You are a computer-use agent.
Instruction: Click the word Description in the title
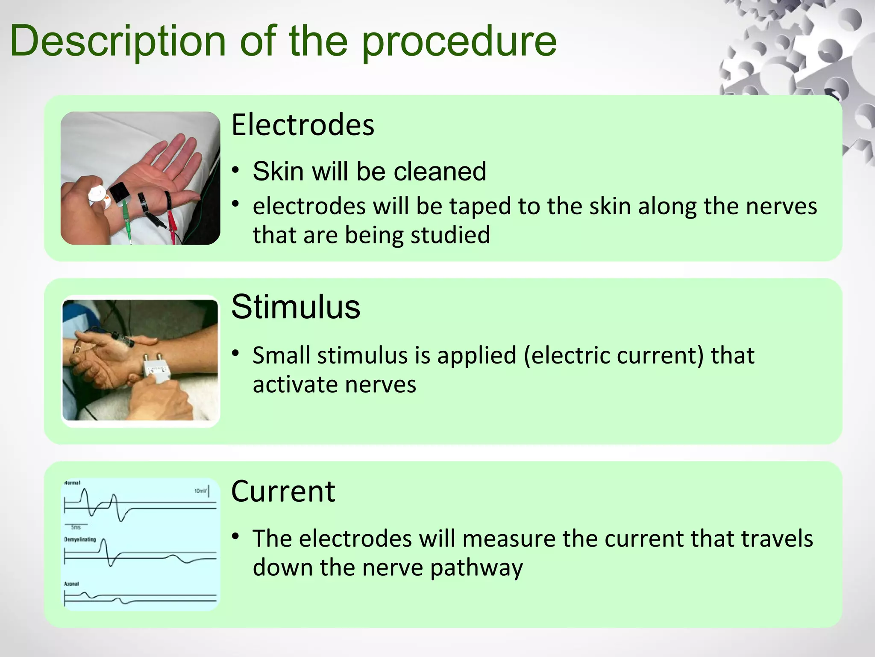click(117, 41)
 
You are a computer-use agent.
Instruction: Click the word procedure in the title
click(459, 41)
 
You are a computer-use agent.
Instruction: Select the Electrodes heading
click(302, 125)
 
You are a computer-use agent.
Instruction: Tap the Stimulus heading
click(296, 307)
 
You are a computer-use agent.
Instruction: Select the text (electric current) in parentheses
click(613, 355)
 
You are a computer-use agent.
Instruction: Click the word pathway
click(476, 568)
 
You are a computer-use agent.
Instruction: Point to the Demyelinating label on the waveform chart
click(80, 539)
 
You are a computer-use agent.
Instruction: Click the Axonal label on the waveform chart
click(71, 583)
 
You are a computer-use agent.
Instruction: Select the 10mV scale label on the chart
click(200, 491)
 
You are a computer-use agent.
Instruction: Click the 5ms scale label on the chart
click(76, 527)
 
